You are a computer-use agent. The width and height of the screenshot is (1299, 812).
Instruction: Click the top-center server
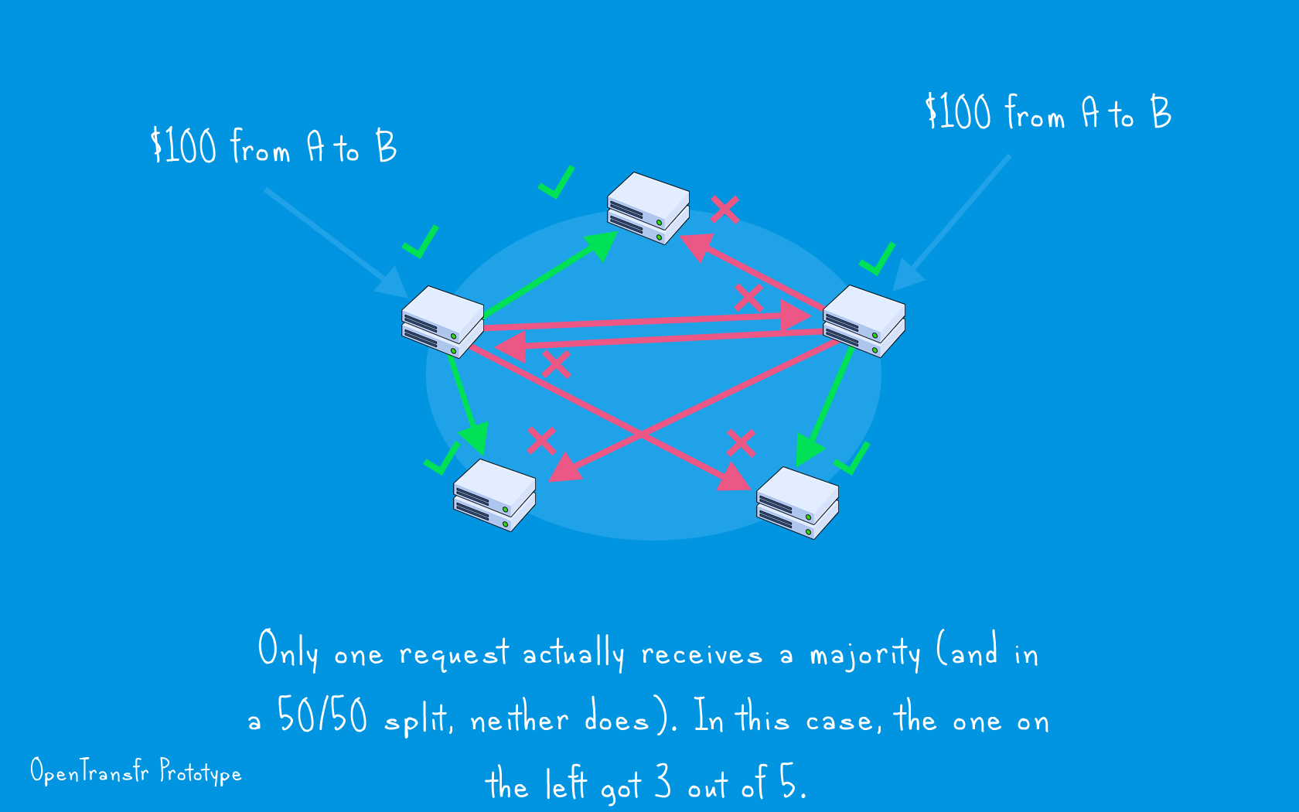coord(648,208)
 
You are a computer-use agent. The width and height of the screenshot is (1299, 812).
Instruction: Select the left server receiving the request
coord(442,322)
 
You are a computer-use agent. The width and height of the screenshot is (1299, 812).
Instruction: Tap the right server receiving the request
coord(864,321)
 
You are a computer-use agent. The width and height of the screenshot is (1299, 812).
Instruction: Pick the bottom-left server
coord(494,495)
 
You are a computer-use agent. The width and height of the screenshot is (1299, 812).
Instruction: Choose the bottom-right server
coord(797,503)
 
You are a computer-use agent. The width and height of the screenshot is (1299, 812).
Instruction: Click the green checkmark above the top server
coord(557,183)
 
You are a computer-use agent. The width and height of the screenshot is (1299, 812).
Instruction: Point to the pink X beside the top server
coord(725,210)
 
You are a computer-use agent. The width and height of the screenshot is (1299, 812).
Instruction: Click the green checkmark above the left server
coord(421,241)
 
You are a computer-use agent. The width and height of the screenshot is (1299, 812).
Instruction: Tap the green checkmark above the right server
coord(878,258)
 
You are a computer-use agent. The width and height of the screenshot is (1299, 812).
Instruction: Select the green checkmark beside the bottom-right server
coord(852,458)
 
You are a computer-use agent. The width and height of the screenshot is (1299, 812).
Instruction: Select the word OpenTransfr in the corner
coord(90,772)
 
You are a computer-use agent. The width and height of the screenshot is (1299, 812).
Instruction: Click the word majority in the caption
coord(864,654)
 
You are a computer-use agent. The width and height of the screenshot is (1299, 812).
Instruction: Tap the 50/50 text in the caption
coord(322,715)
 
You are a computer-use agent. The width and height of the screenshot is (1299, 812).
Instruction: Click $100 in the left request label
coord(183,145)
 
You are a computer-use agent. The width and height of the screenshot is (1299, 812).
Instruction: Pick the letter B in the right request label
coord(1161,112)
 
